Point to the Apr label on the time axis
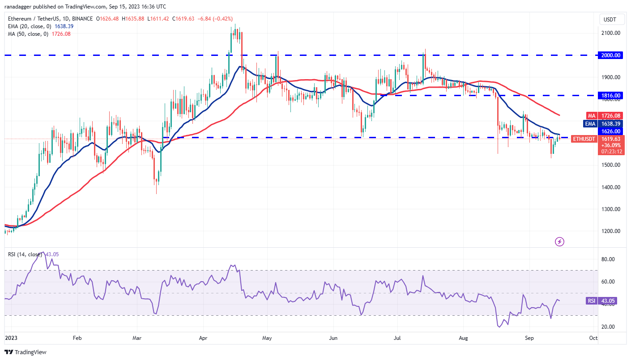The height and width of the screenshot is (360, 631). [203, 338]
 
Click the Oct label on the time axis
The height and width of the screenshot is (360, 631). [593, 338]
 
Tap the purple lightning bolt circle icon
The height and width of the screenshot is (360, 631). [559, 242]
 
